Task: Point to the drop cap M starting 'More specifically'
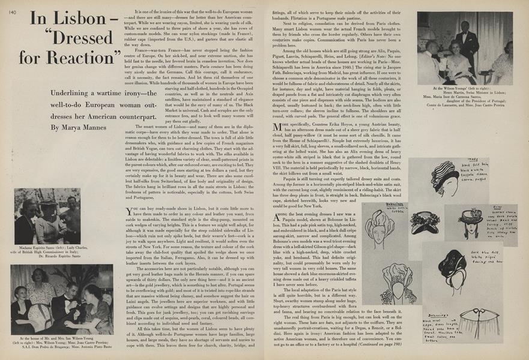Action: click(x=277, y=127)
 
